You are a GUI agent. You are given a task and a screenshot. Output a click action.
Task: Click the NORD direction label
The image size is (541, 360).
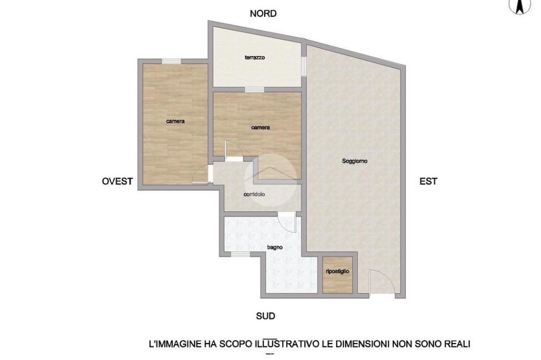tap(263, 13)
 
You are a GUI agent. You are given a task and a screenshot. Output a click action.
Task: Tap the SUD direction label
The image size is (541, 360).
tap(265, 316)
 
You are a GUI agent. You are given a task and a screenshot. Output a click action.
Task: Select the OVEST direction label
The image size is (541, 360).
tap(117, 181)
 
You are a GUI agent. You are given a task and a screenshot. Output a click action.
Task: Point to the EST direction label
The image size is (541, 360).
tap(428, 181)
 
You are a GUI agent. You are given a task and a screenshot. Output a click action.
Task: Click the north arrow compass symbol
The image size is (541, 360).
tap(520, 6)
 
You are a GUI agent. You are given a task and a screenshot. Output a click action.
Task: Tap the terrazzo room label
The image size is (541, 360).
tap(255, 58)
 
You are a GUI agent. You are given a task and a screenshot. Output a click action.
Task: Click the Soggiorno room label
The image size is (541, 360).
tap(355, 161)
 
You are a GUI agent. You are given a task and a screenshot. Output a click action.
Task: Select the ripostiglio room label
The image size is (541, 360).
tap(338, 271)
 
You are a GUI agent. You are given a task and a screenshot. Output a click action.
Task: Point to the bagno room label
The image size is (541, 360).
tap(275, 247)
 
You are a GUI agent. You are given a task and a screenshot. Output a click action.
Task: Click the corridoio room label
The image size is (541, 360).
tap(254, 194)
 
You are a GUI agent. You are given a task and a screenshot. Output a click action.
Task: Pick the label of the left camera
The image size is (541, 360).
tap(175, 121)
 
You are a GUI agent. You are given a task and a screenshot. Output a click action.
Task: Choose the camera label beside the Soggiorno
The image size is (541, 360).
tap(260, 128)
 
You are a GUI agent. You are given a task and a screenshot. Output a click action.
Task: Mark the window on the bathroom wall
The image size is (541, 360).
tap(240, 254)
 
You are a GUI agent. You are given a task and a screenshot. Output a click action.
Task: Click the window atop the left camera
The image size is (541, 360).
tap(172, 61)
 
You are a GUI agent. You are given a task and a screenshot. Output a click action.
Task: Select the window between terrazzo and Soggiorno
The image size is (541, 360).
tap(304, 66)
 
